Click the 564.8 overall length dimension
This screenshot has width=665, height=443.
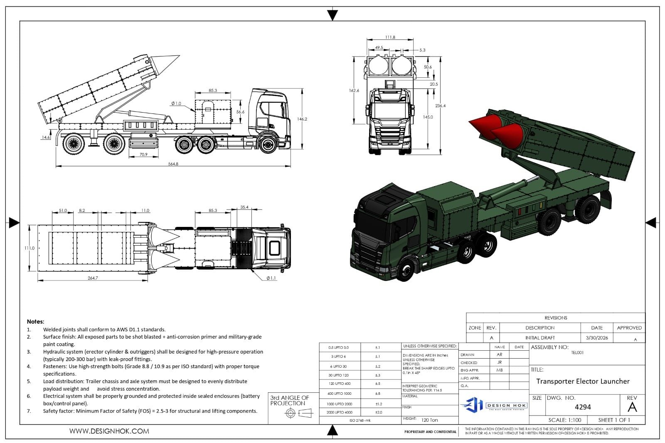173,164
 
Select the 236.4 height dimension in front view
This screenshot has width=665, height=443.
440,106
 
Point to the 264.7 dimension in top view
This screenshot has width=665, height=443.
93,278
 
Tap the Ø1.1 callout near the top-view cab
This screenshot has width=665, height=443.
271,278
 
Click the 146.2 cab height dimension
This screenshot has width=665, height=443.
302,119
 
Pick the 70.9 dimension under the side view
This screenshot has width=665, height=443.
143,155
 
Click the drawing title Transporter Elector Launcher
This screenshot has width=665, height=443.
583,381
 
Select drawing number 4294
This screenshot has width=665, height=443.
583,407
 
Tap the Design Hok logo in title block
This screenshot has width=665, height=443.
494,405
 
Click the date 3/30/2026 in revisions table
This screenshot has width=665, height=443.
597,338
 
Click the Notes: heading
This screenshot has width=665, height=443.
35,321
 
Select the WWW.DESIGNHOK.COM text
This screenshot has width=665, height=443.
109,431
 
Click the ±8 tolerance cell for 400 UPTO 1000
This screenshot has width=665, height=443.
378,394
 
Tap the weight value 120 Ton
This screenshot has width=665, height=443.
429,420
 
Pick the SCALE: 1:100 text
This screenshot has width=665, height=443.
564,420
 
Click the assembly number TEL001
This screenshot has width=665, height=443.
577,352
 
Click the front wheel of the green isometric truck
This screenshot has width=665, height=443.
406,271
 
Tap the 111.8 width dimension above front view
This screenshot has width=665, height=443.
390,37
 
